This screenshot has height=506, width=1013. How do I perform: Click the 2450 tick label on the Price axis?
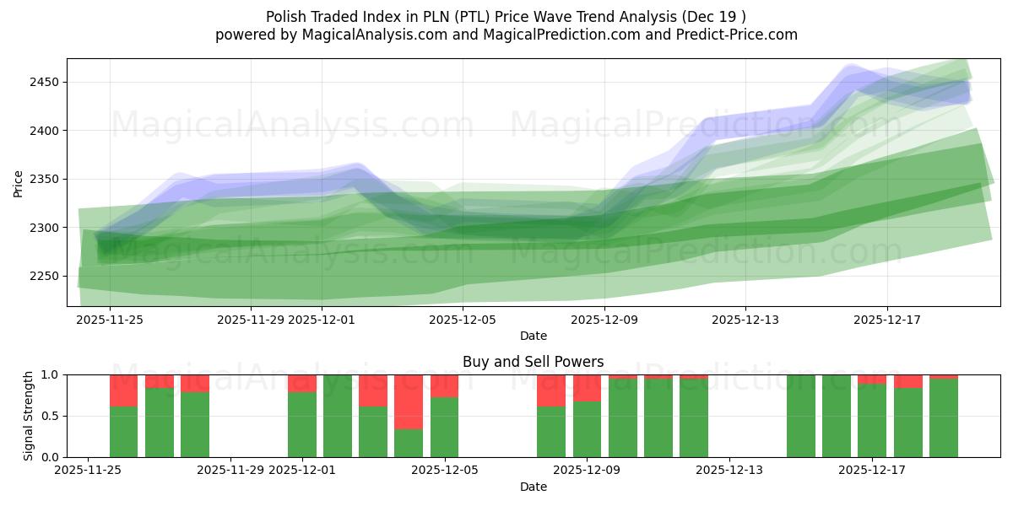(x=44, y=82)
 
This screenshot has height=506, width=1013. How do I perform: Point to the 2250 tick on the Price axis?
(x=44, y=277)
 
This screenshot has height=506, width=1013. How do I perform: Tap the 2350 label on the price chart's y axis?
(x=44, y=180)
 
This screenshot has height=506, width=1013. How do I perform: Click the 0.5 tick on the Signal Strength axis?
(x=50, y=416)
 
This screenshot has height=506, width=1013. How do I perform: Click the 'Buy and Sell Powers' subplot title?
(x=533, y=362)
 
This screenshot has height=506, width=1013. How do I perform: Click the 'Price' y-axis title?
(x=19, y=183)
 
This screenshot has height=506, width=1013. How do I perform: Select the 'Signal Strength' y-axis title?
(x=30, y=416)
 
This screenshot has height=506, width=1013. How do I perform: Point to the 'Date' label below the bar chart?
(x=533, y=487)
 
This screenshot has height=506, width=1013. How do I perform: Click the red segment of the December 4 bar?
(x=409, y=401)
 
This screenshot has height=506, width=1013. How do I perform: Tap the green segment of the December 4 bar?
(x=409, y=443)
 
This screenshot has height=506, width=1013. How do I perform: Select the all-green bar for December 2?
(x=338, y=416)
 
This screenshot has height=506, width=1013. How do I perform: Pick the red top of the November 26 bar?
(x=124, y=390)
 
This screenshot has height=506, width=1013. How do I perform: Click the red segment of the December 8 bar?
(x=551, y=390)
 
